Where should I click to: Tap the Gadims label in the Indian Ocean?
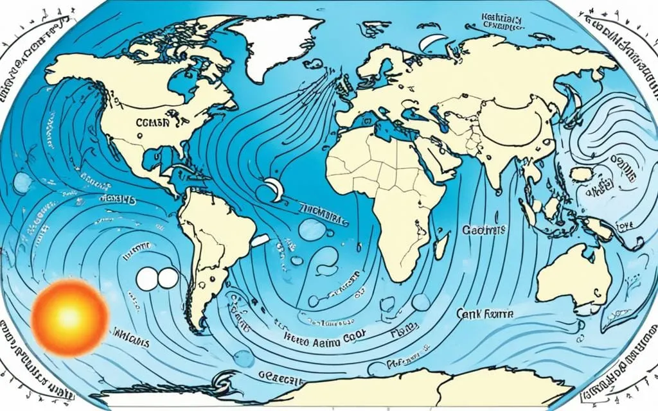(x=484, y=229)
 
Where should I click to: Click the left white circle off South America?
(x=147, y=278)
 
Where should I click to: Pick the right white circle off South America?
(x=168, y=278)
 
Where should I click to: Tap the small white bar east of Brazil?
(x=260, y=240)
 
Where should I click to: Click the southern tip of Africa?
(x=394, y=276)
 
